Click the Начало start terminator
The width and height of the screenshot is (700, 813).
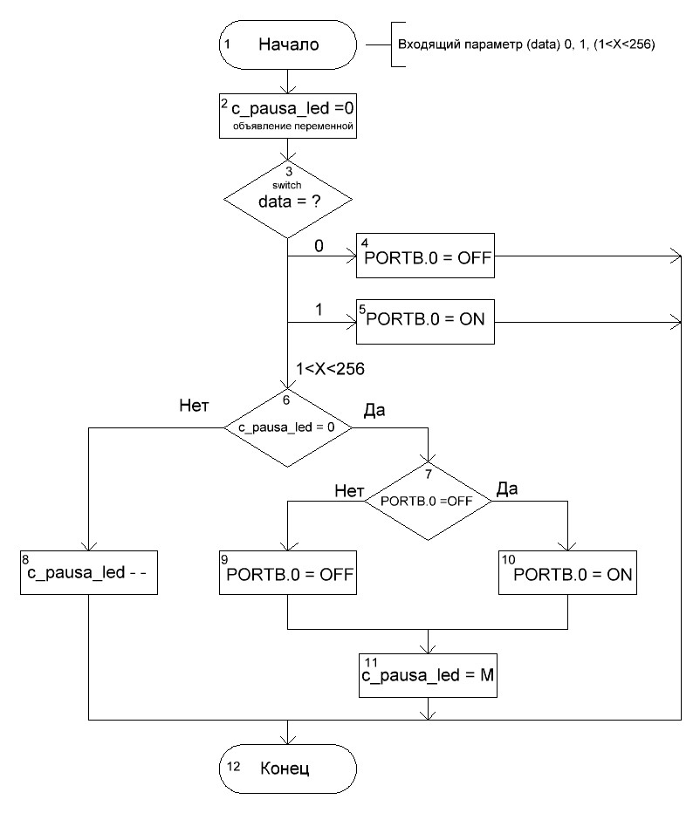288,44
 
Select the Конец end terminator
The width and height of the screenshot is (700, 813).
288,769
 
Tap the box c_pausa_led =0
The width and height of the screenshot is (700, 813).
288,116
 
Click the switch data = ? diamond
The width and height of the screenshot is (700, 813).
288,202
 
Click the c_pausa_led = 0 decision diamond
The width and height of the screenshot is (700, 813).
288,427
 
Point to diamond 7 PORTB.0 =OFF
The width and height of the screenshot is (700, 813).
428,502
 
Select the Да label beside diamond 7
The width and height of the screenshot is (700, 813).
507,489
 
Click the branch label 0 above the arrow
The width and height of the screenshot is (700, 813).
319,247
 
